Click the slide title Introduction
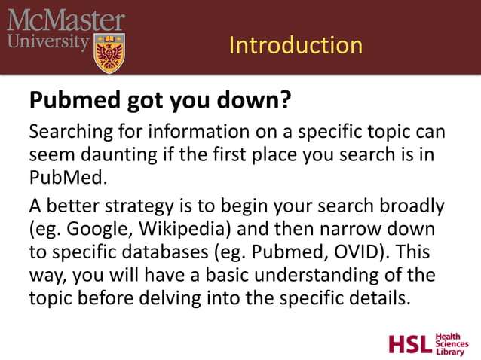[x=295, y=45]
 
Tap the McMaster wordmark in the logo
[x=66, y=20]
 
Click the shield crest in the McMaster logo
[x=109, y=53]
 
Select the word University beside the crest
[x=47, y=41]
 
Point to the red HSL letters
[x=410, y=344]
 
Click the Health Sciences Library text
[x=452, y=343]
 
